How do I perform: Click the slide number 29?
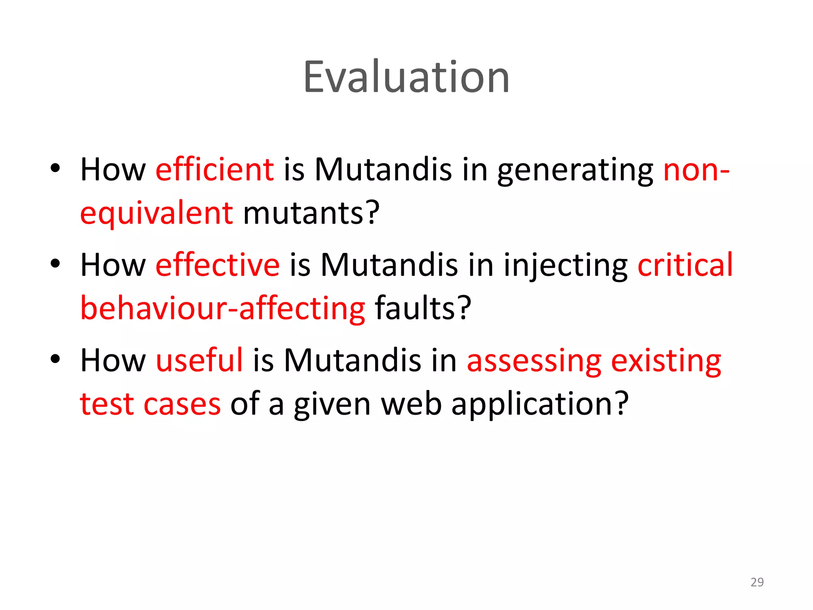point(757,582)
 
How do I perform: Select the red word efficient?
point(214,170)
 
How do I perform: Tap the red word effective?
point(218,265)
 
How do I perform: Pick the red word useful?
point(199,360)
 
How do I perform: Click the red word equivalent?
point(156,213)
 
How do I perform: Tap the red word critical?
point(685,265)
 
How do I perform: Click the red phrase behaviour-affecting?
point(222,309)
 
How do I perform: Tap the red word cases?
point(182,405)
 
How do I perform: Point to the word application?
point(540,405)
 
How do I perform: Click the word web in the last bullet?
point(411,404)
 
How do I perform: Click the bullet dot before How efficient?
point(55,168)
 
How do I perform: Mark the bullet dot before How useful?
point(55,359)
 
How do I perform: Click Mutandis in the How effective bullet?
point(389,265)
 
